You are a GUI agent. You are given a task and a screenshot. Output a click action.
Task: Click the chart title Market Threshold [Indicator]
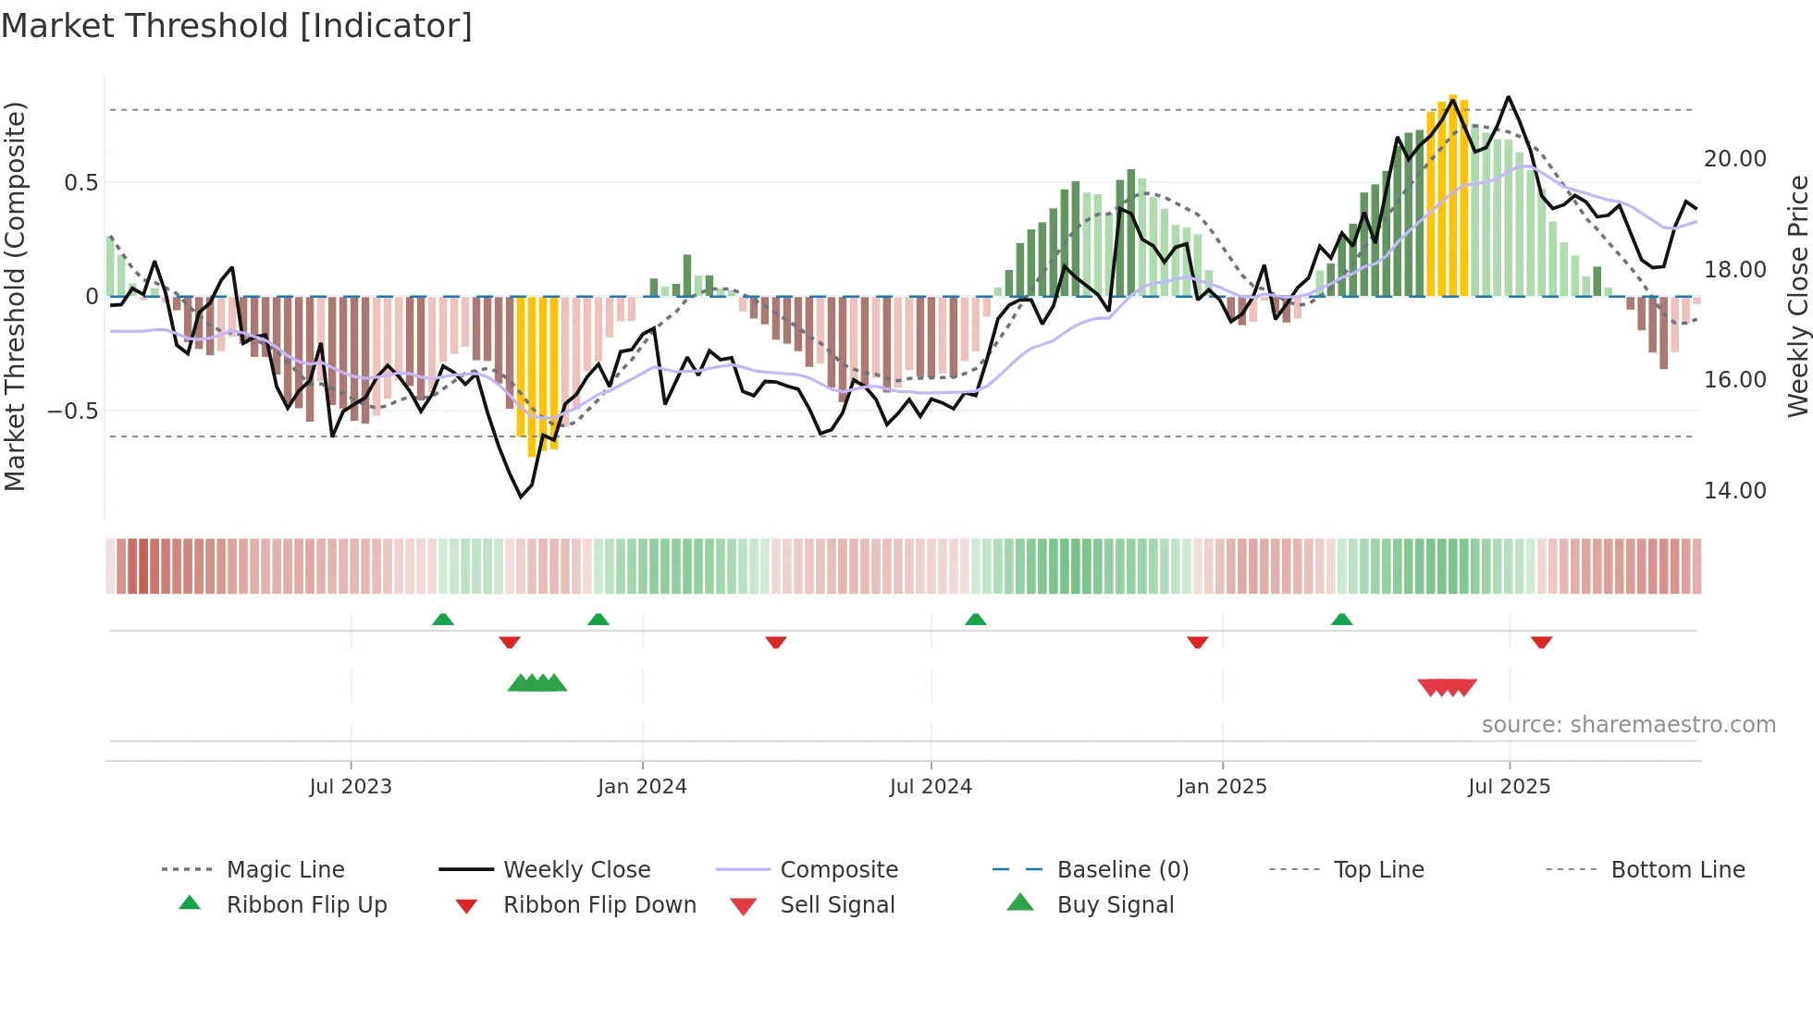tap(237, 26)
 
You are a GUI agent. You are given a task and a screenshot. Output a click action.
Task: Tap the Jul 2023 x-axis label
tap(351, 787)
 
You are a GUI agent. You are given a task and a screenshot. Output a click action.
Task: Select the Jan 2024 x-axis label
tap(642, 787)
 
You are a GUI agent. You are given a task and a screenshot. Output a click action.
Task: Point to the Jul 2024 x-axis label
tap(931, 787)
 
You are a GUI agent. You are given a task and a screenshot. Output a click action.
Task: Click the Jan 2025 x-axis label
tap(1222, 787)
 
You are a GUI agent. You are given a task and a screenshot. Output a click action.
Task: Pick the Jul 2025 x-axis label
tap(1509, 787)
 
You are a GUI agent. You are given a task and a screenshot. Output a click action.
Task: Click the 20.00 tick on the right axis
tap(1734, 159)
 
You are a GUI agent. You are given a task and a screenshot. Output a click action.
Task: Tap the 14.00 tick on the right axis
tap(1734, 491)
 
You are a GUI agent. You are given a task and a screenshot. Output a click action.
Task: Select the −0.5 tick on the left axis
tap(73, 411)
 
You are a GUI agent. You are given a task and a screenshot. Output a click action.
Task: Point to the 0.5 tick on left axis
tap(80, 183)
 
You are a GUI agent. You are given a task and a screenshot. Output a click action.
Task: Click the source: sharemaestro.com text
tap(1628, 725)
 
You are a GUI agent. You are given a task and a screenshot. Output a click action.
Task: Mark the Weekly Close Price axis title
tap(1797, 296)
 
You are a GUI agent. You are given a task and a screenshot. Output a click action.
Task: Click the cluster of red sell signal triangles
tap(1447, 687)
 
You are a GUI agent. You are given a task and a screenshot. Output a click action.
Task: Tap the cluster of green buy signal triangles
tap(537, 683)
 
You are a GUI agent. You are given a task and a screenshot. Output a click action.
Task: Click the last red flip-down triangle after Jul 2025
tap(1541, 642)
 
